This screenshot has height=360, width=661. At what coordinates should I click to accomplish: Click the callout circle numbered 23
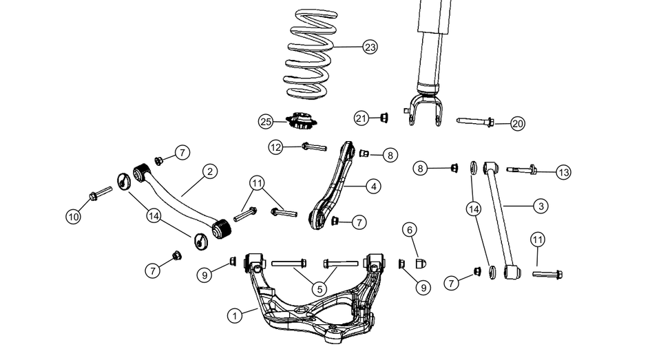[370, 47]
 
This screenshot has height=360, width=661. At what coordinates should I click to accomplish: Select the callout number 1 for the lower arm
[235, 315]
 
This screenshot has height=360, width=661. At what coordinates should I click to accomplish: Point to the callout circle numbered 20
[518, 124]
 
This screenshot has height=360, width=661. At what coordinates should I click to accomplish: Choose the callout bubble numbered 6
[409, 229]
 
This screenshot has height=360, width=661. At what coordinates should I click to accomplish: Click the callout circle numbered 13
[564, 172]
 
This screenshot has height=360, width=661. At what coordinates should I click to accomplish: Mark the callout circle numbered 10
[74, 216]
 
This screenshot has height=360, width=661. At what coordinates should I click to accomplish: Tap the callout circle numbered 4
[373, 186]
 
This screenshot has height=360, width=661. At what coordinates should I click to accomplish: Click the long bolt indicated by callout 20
[474, 123]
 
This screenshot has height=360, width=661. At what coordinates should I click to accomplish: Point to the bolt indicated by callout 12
[313, 146]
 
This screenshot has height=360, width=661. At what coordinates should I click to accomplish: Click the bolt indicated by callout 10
[101, 193]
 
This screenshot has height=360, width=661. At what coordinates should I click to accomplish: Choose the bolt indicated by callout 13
[523, 170]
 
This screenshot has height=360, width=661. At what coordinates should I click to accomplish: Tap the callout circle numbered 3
[542, 206]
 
